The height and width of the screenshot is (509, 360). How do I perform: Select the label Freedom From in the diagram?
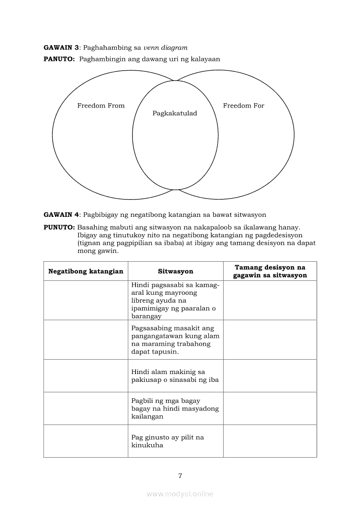pos(101,106)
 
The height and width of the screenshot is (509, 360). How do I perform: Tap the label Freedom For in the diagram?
pos(244,106)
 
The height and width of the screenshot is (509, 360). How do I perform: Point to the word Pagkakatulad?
pos(175,114)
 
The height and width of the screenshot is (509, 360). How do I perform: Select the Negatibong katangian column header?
pos(86,271)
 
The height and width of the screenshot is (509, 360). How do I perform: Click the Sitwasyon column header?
pos(175,271)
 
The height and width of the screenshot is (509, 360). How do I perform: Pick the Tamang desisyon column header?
pos(270,271)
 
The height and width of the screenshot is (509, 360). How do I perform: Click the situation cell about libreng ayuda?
pos(175,300)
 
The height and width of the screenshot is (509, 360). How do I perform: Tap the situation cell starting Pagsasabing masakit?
pos(175,340)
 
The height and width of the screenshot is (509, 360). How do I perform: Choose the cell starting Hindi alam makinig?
pos(175,376)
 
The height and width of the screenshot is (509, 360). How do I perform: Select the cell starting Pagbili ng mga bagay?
pos(175,408)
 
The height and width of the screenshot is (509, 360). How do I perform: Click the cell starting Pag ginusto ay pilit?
pos(175,441)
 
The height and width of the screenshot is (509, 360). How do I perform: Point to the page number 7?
pos(180,475)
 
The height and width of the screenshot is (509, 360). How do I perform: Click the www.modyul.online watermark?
pos(180,494)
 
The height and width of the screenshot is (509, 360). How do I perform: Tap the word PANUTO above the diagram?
pos(59,59)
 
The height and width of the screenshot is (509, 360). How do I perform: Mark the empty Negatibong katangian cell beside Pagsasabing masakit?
pos(86,340)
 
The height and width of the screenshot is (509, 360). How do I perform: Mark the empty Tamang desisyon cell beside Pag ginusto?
pos(270,441)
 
